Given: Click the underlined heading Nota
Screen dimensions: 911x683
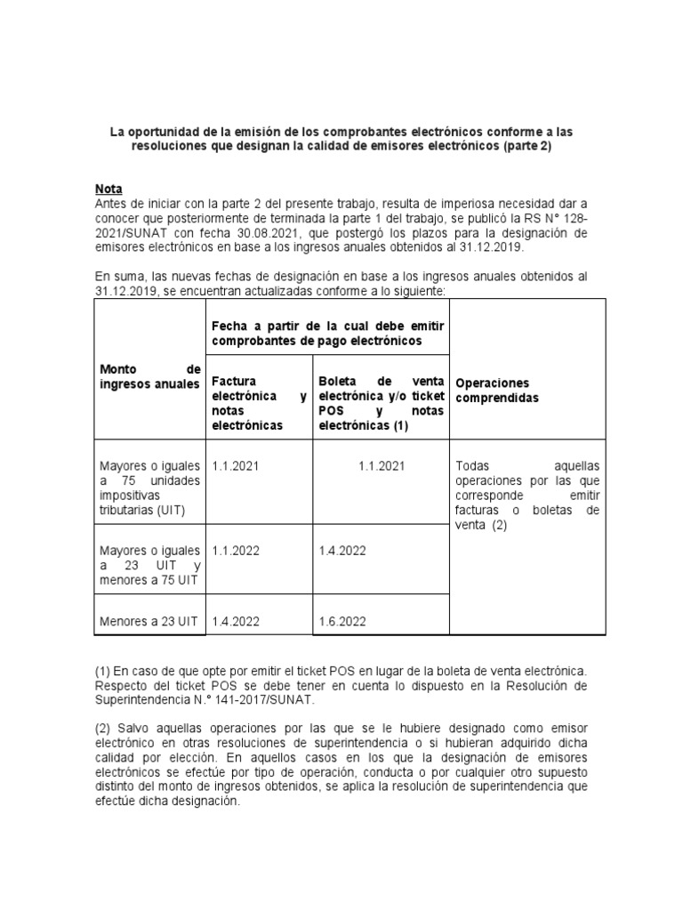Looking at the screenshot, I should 108,189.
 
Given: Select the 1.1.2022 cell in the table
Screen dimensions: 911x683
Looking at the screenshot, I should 236,551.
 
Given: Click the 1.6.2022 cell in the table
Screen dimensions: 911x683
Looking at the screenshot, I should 342,621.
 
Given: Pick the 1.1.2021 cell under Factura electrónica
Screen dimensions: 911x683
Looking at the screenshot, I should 236,465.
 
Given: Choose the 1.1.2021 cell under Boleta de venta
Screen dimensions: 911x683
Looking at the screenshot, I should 382,465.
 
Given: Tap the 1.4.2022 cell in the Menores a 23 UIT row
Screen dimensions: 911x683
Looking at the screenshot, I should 236,621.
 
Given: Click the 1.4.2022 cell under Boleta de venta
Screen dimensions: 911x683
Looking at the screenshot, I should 342,551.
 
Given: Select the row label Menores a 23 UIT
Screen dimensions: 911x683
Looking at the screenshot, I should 149,621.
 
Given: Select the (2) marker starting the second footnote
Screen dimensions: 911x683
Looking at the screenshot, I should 102,730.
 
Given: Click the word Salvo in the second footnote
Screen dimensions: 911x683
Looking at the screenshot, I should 133,730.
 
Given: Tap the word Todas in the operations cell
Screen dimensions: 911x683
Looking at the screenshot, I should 472,465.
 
